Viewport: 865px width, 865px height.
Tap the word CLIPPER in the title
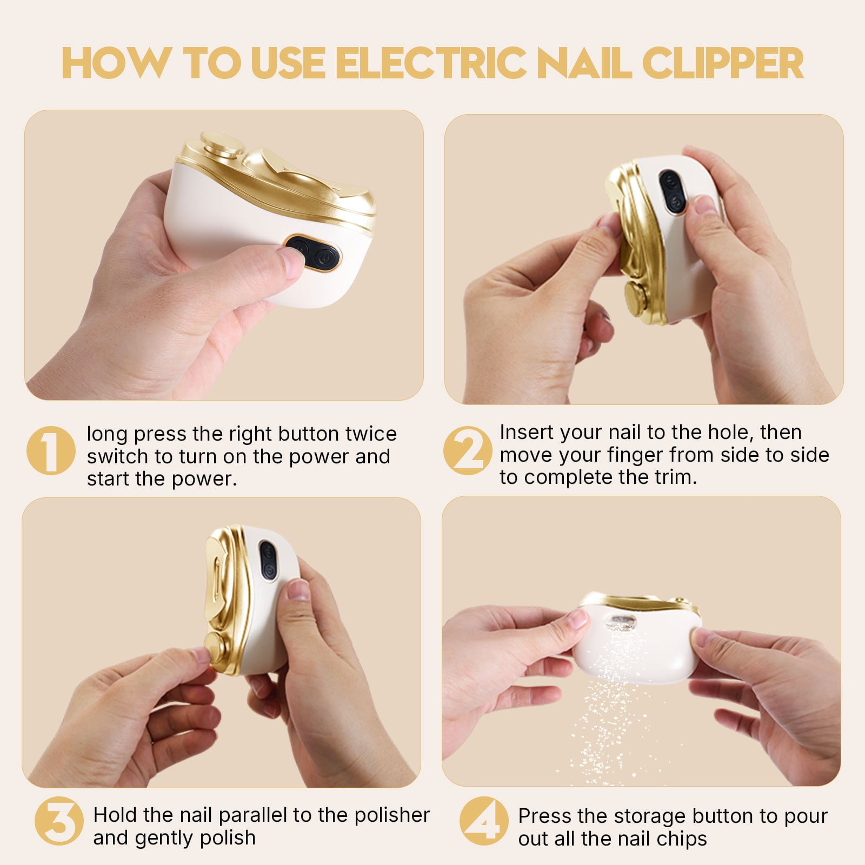pyautogui.click(x=723, y=63)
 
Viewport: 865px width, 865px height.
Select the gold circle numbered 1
pyautogui.click(x=51, y=450)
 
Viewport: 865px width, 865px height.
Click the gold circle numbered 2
pyautogui.click(x=468, y=450)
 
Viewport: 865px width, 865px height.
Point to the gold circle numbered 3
pyautogui.click(x=59, y=821)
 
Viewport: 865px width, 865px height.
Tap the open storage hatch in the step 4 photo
pyautogui.click(x=621, y=623)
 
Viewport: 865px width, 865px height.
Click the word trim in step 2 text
pyautogui.click(x=675, y=477)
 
